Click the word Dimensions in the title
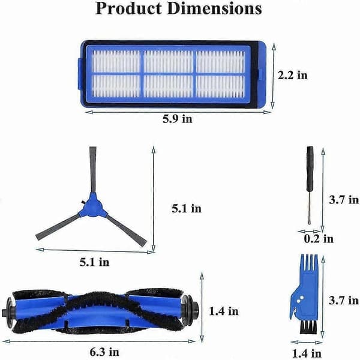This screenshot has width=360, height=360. click(x=214, y=9)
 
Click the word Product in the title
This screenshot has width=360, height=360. click(x=128, y=9)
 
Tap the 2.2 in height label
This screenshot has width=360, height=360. click(x=293, y=76)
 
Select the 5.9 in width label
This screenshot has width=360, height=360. click(x=178, y=119)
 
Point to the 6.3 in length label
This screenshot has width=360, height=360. click(x=104, y=352)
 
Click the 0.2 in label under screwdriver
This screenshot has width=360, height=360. click(x=319, y=239)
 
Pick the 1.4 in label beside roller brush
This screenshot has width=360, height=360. click(x=224, y=311)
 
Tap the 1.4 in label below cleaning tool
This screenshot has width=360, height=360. click(x=307, y=353)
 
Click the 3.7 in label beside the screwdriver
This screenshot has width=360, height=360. click(x=344, y=200)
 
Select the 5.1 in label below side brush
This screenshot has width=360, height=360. click(x=95, y=262)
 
